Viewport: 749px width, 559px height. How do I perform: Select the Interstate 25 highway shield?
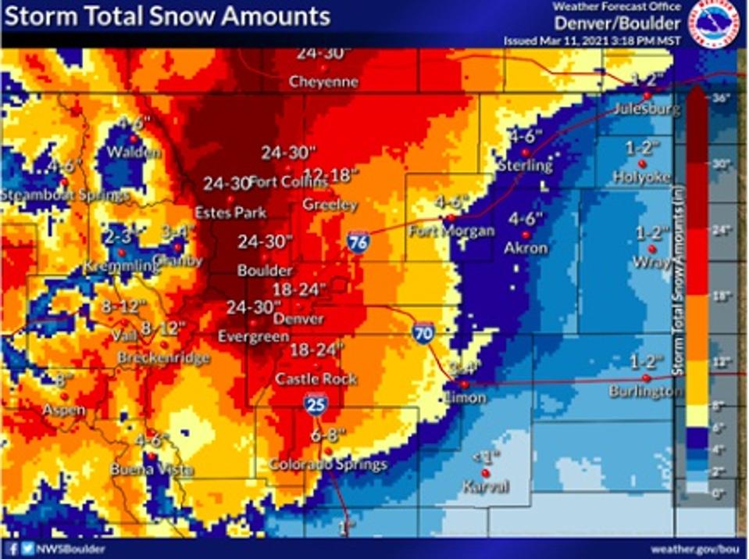[x=316, y=403]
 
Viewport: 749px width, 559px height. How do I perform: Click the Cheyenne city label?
[x=323, y=81]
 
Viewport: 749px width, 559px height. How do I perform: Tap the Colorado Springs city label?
[x=328, y=464]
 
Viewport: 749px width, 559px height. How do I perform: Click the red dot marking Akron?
[x=526, y=235]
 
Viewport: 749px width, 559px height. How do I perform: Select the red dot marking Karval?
[x=485, y=473]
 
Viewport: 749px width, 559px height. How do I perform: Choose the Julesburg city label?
[x=646, y=109]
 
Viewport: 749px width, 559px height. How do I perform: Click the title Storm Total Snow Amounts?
[x=166, y=16]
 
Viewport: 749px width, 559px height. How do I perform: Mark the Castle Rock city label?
[x=316, y=379]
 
